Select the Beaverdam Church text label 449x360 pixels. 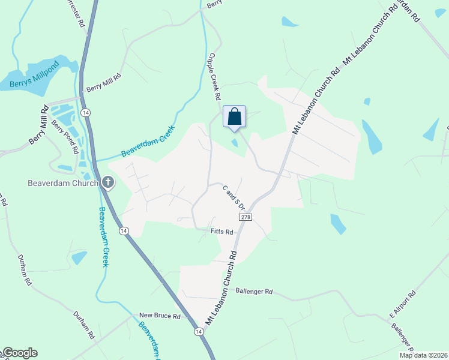pos(62,183)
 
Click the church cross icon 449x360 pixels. pos(108,182)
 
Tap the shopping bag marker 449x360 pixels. pos(234,116)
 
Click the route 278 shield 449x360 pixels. pos(245,216)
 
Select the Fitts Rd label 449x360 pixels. pos(221,231)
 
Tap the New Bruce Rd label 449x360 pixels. pos(156,315)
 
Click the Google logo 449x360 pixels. pos(19,353)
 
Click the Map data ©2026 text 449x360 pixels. pos(423,355)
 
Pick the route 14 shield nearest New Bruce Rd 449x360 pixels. pos(197,331)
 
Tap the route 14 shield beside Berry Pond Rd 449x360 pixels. pos(86,113)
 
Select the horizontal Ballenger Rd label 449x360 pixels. pos(255,292)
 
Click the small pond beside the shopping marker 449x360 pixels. pos(235,142)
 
